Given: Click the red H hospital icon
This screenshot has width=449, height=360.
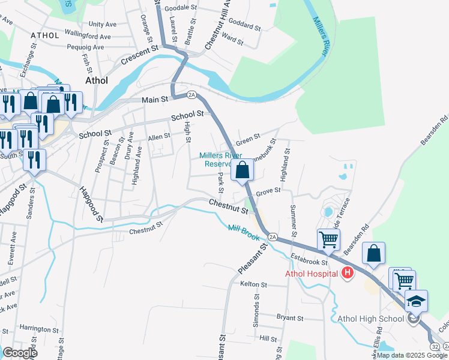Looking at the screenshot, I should pos(346,274).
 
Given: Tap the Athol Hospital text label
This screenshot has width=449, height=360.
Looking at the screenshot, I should pos(312,274).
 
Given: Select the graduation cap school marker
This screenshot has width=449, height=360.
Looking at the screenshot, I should pos(416,301).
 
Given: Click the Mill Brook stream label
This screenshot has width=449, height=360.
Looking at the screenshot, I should pos(244,232).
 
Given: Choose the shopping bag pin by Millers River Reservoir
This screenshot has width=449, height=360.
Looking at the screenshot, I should pos(243,170).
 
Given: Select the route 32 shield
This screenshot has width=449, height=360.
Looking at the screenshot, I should pos(434,347).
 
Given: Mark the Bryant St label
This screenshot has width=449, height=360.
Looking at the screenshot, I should pos(291,317).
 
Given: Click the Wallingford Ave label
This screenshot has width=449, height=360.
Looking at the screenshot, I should pos(88,35).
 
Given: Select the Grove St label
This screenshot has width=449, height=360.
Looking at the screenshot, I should pos(268,191).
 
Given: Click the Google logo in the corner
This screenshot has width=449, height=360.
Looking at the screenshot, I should pos(20,352).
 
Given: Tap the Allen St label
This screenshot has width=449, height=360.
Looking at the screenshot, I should pos(159,137).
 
